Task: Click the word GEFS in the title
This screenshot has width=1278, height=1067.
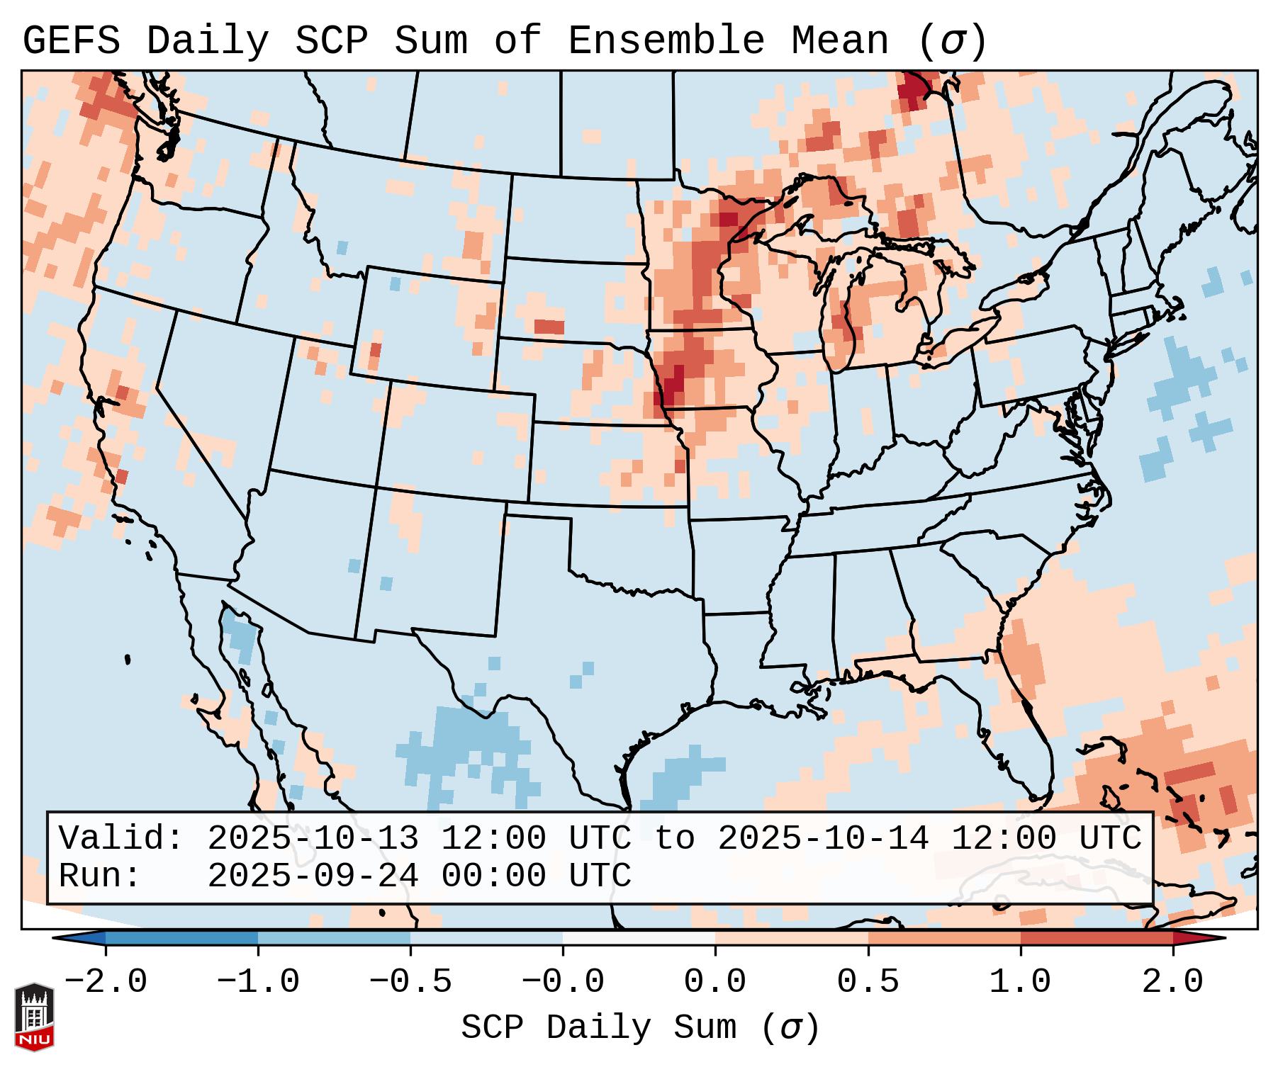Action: (71, 41)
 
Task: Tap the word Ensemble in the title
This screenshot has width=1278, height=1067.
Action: (666, 41)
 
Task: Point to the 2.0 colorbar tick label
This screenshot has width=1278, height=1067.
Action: (1172, 982)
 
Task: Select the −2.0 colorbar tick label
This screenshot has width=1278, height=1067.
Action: (106, 982)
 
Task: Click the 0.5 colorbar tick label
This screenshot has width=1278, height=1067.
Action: (868, 982)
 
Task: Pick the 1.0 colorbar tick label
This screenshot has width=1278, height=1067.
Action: (1020, 982)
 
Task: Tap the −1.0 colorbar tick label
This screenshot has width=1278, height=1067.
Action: (258, 982)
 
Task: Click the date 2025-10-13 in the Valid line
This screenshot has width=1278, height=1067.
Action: (313, 838)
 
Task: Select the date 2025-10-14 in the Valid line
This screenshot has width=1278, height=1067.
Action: (823, 838)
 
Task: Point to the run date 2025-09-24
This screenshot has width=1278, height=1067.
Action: (313, 876)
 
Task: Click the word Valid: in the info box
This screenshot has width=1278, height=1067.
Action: (120, 838)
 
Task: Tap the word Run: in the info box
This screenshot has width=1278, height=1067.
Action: (99, 876)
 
